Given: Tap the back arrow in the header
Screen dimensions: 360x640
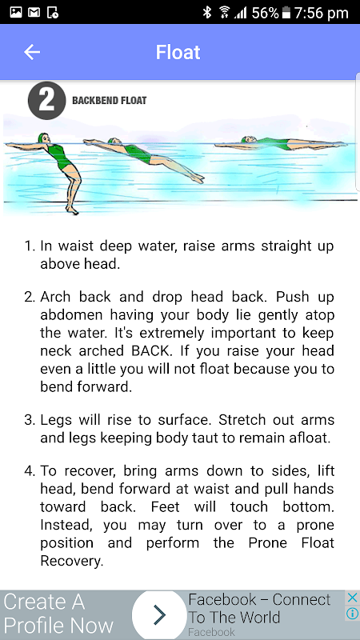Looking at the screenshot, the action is pyautogui.click(x=32, y=52).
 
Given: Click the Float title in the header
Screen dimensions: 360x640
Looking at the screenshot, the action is pyautogui.click(x=178, y=52).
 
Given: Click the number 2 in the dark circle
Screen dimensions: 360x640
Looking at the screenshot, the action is pyautogui.click(x=46, y=101).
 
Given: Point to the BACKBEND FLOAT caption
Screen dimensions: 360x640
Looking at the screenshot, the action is pyautogui.click(x=109, y=101).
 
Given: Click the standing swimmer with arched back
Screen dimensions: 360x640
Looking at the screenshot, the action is pyautogui.click(x=62, y=171).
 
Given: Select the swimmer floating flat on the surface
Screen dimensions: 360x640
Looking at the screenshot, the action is pyautogui.click(x=282, y=143).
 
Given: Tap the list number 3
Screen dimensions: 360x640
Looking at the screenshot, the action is pyautogui.click(x=30, y=420).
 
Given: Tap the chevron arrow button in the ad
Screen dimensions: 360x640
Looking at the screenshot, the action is pyautogui.click(x=160, y=614).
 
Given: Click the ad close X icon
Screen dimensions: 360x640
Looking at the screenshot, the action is pyautogui.click(x=352, y=598).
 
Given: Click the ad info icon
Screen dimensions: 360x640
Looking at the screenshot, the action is pyautogui.click(x=352, y=614).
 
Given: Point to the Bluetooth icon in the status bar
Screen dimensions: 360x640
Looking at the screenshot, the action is pyautogui.click(x=207, y=13).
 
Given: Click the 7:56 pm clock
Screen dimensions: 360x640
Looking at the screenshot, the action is pyautogui.click(x=321, y=13).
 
